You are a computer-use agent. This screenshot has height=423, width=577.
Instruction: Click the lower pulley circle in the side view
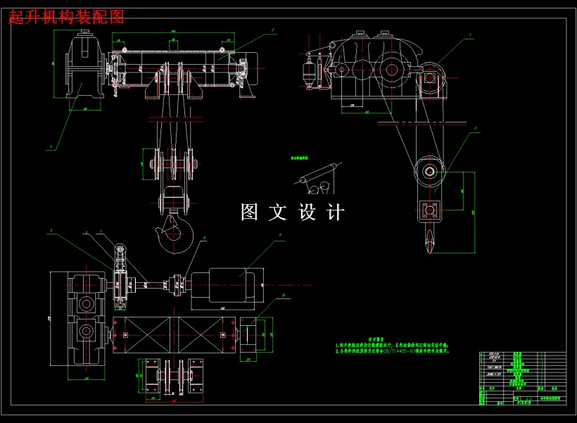pos(429,170)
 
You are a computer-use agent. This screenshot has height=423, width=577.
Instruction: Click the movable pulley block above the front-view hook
pos(172,165)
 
